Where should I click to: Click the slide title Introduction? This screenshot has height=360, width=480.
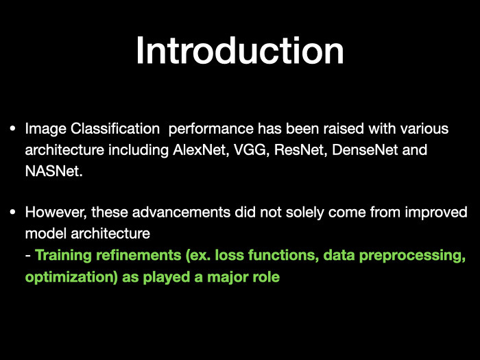pos(240,50)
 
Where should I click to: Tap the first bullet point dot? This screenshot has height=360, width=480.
pos(12,128)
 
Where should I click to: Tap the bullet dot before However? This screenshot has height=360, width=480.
pos(12,212)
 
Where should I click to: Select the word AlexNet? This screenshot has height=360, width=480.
pos(200,149)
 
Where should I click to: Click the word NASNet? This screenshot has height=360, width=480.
pos(54,171)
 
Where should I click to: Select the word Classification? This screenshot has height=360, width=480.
pos(115,129)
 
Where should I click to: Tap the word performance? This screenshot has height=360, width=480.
pos(211,130)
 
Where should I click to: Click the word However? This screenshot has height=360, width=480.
pos(56,213)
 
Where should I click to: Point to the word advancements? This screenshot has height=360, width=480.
pos(181,212)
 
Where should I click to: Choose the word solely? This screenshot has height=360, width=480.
pos(304,213)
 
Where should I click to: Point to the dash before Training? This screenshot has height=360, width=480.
pos(28,256)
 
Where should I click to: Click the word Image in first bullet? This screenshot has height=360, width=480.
pos(46,129)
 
